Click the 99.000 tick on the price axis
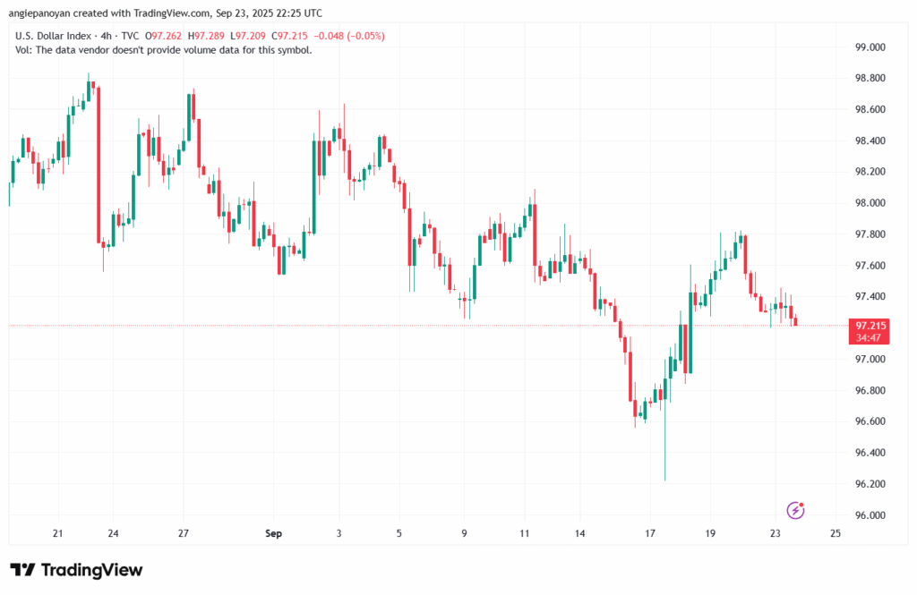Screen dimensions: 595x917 [871, 47]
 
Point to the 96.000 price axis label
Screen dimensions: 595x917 [871, 515]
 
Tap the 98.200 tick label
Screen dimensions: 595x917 [871, 172]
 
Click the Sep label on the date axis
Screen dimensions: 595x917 [274, 534]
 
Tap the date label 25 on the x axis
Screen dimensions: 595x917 [835, 534]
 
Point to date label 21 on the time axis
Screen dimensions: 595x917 [58, 534]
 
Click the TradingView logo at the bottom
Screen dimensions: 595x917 [76, 570]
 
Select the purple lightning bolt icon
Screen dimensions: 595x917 [795, 510]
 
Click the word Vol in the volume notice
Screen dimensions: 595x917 [24, 50]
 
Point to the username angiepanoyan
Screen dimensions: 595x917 [45, 13]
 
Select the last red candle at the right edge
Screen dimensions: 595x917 [795, 321]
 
